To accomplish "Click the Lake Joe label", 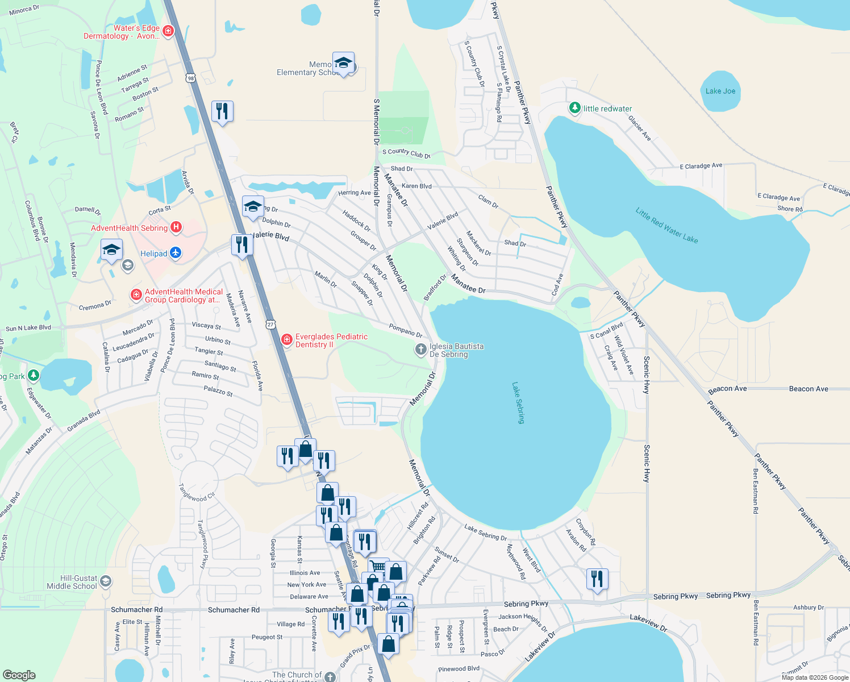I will [720, 91].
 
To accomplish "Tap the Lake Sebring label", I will [518, 403].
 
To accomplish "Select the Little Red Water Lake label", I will [666, 226].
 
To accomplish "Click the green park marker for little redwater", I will [575, 108].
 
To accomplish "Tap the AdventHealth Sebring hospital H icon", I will [176, 228].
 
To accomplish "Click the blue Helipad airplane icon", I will [176, 253].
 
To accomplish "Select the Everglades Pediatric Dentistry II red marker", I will [287, 340].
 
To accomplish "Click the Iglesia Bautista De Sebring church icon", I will [420, 350].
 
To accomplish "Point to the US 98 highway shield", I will [190, 78].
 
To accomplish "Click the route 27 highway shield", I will [270, 325].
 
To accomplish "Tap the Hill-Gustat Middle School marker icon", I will [105, 581].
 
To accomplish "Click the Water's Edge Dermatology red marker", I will [168, 31].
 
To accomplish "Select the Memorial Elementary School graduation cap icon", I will [343, 63].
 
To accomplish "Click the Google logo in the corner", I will [19, 675].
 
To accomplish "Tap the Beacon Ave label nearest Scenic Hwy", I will [727, 389].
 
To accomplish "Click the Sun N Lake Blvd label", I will [28, 328].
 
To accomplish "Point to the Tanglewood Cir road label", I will [197, 493].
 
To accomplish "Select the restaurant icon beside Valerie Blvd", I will [242, 245].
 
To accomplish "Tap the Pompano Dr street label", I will [406, 331].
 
